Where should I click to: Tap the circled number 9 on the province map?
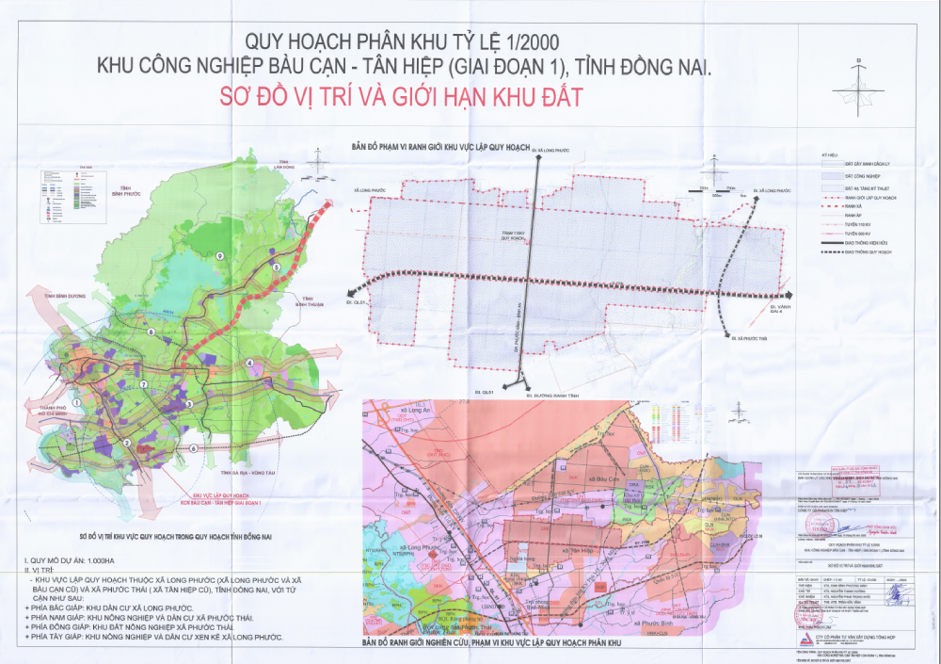pyautogui.click(x=219, y=256)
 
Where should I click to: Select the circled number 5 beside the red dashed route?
pyautogui.click(x=277, y=268)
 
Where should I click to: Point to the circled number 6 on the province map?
pyautogui.click(x=193, y=448)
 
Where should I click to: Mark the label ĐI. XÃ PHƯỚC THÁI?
pyautogui.click(x=743, y=336)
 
